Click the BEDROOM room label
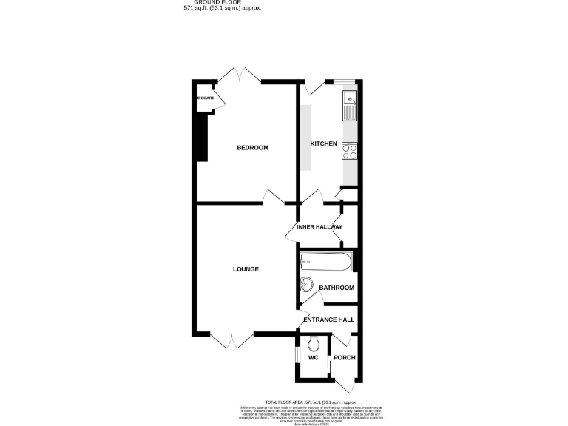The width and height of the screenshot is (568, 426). click(x=252, y=148)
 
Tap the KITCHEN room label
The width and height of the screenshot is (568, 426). click(x=323, y=143)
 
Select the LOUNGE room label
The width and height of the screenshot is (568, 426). click(x=246, y=269)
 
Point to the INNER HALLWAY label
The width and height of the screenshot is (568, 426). click(x=319, y=226)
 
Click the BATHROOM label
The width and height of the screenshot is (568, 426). click(x=337, y=288)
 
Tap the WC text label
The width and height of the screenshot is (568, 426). click(x=313, y=358)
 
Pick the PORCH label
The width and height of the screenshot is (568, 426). click(x=345, y=358)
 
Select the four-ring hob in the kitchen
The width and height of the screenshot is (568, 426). click(x=349, y=152)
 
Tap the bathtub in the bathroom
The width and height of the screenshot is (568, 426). click(x=325, y=262)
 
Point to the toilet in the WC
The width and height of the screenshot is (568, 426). click(x=314, y=343)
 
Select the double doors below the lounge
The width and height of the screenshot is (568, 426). click(x=231, y=341)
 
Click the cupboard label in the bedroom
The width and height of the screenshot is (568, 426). click(x=205, y=98)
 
